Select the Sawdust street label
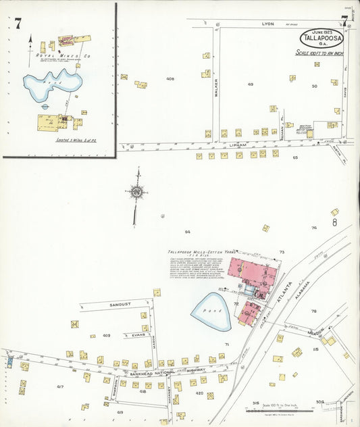click(x=120, y=306)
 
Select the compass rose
click(x=136, y=192)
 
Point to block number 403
click(x=107, y=335)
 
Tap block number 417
click(x=59, y=386)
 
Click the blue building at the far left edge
click(x=9, y=361)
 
